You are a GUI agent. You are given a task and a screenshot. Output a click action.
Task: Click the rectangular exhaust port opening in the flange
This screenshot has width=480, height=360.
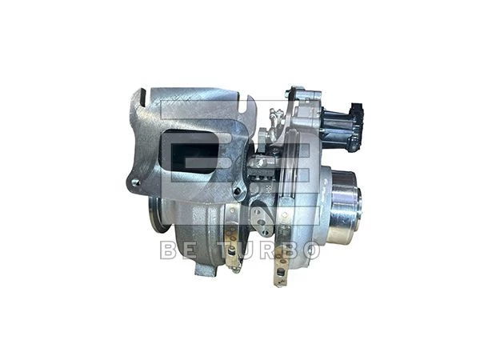point(191,152)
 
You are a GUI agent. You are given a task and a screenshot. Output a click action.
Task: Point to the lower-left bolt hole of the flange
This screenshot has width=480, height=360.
point(136,182)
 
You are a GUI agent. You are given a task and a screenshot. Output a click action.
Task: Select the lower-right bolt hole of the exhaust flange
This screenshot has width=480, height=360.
point(237,190)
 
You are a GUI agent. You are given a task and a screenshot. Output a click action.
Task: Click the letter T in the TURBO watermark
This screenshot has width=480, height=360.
point(226,250)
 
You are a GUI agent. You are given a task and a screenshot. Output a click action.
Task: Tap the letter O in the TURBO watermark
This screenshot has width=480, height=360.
point(309,250)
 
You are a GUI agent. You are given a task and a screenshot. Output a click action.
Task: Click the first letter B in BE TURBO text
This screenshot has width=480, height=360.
point(168,250)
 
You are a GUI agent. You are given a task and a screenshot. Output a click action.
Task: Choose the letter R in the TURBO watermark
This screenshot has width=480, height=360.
point(267,250)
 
